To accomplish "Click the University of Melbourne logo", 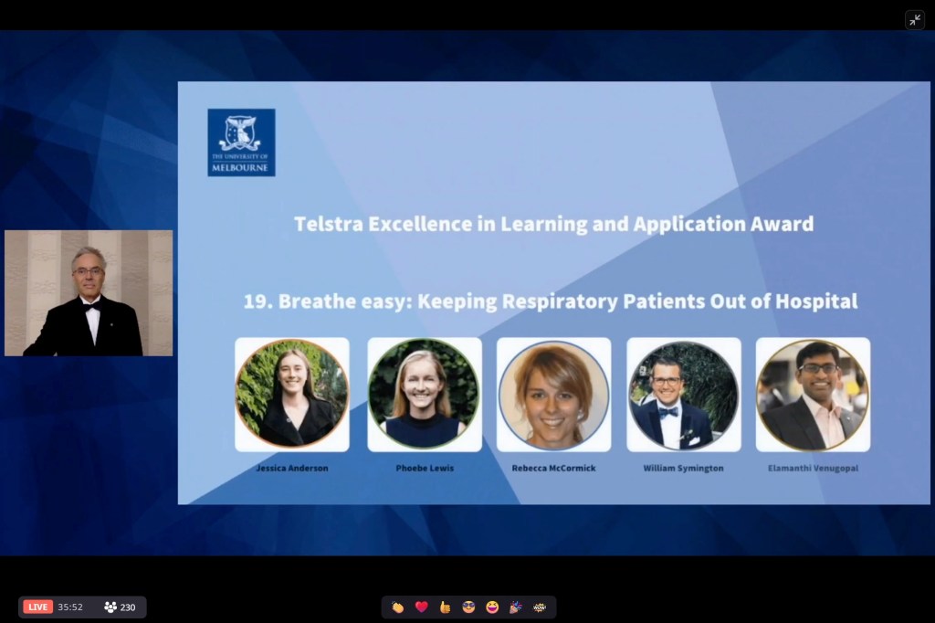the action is [x=241, y=143].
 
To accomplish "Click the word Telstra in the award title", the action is [x=328, y=224].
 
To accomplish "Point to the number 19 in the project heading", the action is [x=257, y=301].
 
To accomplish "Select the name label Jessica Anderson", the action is [x=292, y=469].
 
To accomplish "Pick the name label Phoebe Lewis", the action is [x=425, y=469].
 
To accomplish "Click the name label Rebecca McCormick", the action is [x=553, y=469].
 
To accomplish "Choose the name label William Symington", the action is [x=683, y=469].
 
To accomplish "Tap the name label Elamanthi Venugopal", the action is [x=813, y=469].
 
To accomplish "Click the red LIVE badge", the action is [x=37, y=607].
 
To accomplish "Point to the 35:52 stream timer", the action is [x=70, y=607].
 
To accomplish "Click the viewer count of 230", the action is [x=128, y=607].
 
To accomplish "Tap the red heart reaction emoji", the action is [x=422, y=607].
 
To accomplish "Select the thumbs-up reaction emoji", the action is [x=445, y=607].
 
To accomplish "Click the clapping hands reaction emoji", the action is [x=398, y=607].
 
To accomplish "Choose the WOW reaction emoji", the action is [x=540, y=607].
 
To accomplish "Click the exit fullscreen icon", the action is [x=915, y=20].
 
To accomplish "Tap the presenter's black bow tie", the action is [x=91, y=307].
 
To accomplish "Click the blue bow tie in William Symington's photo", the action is [x=668, y=411].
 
